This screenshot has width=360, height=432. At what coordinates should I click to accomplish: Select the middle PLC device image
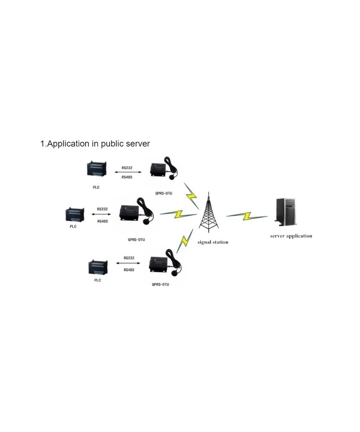pyautogui.click(x=75, y=214)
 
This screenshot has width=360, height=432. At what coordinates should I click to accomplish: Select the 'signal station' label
pyautogui.click(x=213, y=242)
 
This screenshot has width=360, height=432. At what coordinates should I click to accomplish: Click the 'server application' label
pyautogui.click(x=291, y=236)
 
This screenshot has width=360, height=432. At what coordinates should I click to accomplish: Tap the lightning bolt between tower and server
pyautogui.click(x=247, y=216)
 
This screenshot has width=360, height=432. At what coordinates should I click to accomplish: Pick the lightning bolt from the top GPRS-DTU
pyautogui.click(x=191, y=195)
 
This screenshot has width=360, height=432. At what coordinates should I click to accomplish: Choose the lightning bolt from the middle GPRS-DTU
pyautogui.click(x=178, y=214)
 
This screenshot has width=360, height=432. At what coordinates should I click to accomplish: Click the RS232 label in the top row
pyautogui.click(x=127, y=167)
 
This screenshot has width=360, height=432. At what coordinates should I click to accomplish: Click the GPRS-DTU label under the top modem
pyautogui.click(x=164, y=193)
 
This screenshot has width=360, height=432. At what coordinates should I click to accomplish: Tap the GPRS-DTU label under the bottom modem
pyautogui.click(x=160, y=284)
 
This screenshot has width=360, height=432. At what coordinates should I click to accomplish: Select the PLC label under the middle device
pyautogui.click(x=73, y=226)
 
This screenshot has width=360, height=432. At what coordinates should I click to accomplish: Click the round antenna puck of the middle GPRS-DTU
pyautogui.click(x=147, y=221)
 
